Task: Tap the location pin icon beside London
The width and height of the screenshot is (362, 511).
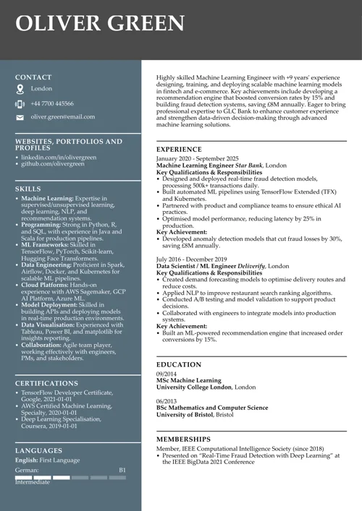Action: [x=20, y=89]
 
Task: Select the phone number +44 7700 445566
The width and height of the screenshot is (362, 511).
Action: [x=52, y=103]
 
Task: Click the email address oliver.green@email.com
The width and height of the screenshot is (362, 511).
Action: [x=62, y=116]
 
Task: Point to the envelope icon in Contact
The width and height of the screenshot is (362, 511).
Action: [x=20, y=117]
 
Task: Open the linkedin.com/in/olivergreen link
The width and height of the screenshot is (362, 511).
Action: [x=59, y=157]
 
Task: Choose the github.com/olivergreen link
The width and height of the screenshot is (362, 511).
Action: [x=53, y=164]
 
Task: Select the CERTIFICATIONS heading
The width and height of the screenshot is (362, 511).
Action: [x=46, y=383]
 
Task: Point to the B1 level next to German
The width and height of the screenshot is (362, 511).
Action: [x=122, y=470]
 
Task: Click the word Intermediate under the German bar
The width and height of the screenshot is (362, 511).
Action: [x=33, y=482]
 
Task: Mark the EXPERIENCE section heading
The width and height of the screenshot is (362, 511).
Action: [x=179, y=150]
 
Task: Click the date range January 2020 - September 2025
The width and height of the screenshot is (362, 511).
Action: [x=197, y=158]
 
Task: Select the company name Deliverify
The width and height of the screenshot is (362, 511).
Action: [x=251, y=266]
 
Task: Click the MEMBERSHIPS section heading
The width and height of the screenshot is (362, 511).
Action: [x=184, y=439]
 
